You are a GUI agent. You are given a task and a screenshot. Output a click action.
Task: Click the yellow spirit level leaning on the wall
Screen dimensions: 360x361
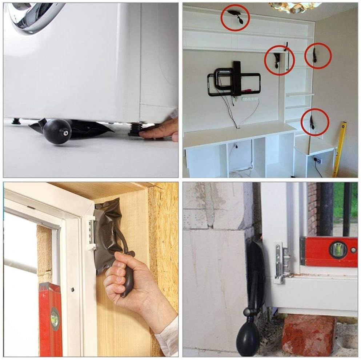[340, 149]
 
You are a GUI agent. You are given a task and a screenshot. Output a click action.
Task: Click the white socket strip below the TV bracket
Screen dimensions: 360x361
[250, 99]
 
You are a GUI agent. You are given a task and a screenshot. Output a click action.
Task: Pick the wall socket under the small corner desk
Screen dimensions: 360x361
[317, 160]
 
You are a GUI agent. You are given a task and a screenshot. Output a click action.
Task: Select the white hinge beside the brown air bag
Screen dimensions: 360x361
[91, 233]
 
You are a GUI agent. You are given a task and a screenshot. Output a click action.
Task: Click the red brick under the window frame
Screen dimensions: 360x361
[309, 335]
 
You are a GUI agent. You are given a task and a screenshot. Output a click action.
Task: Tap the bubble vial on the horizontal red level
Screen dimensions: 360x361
[338, 250]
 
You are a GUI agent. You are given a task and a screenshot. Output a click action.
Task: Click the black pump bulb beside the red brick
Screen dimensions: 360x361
[248, 340]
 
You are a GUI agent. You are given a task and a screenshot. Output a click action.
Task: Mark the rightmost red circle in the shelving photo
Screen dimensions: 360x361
[318, 56]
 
